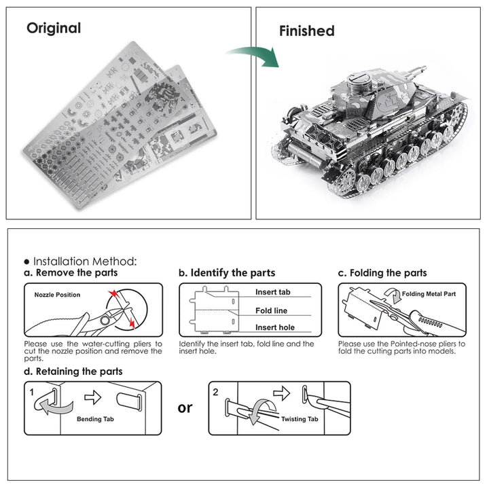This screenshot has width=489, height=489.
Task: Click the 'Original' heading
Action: point(54,29)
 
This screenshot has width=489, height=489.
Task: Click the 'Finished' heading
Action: point(307,31)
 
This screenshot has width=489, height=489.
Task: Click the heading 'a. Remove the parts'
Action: point(70,272)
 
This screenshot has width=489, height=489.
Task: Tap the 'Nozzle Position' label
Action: point(57,295)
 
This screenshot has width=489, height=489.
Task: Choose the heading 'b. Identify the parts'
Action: point(227,272)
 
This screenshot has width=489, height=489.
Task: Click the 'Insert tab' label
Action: point(273,292)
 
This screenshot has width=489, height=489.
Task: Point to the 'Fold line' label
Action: point(271,310)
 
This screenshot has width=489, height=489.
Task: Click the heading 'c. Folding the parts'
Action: point(382,272)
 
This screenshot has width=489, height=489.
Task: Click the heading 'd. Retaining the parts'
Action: point(73,371)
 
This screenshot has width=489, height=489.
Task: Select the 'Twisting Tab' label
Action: point(299,420)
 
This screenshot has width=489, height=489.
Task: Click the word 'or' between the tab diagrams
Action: point(185,407)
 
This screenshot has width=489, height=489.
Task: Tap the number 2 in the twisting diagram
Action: point(216,392)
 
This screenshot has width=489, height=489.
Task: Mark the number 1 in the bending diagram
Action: point(31,392)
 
